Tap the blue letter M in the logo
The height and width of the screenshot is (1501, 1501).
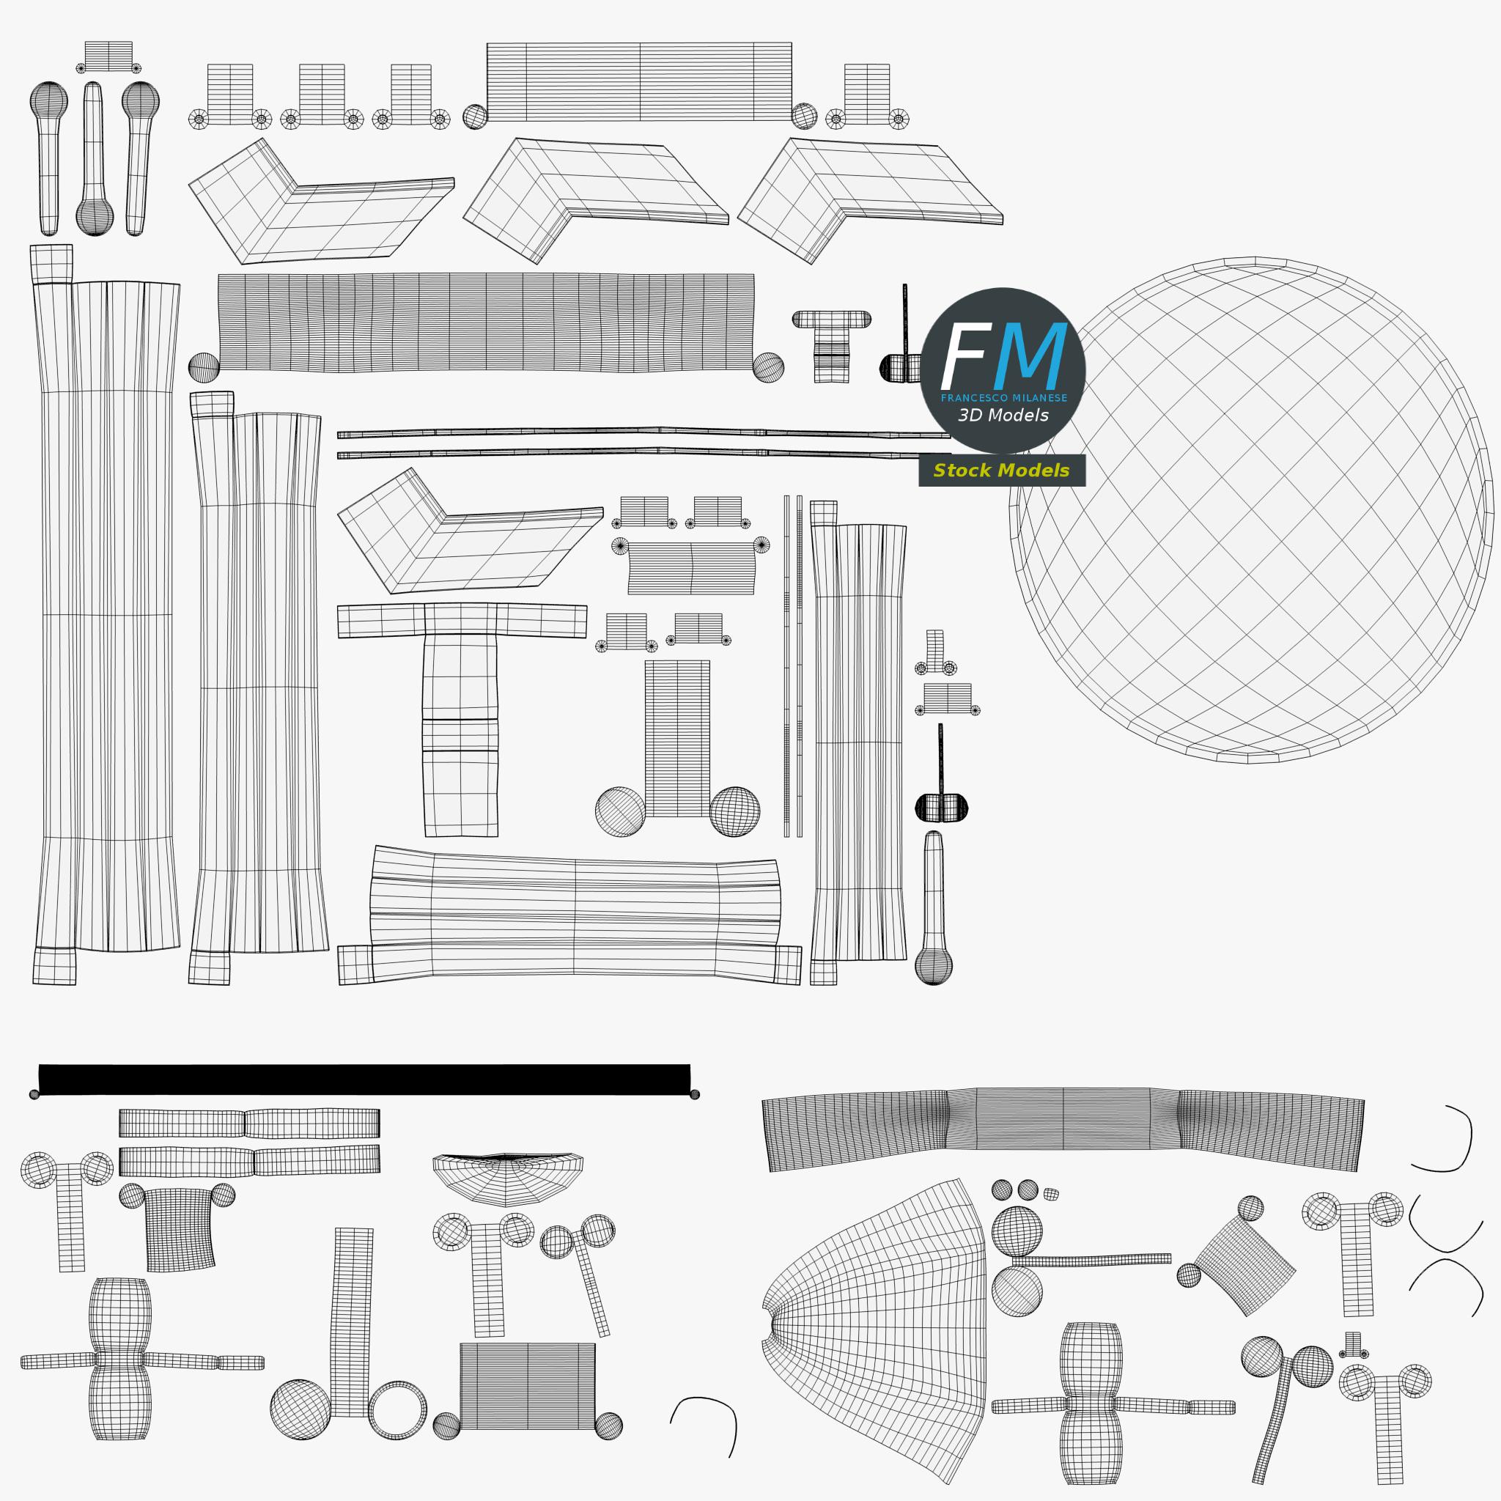pyautogui.click(x=1030, y=355)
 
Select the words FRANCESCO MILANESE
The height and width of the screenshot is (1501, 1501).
pyautogui.click(x=1004, y=398)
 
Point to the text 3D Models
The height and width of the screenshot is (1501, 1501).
pyautogui.click(x=1003, y=415)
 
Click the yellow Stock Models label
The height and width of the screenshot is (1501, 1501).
pyautogui.click(x=1001, y=470)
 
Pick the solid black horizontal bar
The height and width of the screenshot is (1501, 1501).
pyautogui.click(x=364, y=1079)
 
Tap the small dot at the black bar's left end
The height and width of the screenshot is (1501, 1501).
pyautogui.click(x=34, y=1095)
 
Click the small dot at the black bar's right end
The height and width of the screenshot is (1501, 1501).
pyautogui.click(x=695, y=1095)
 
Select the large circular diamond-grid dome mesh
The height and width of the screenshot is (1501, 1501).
pyautogui.click(x=1251, y=509)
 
